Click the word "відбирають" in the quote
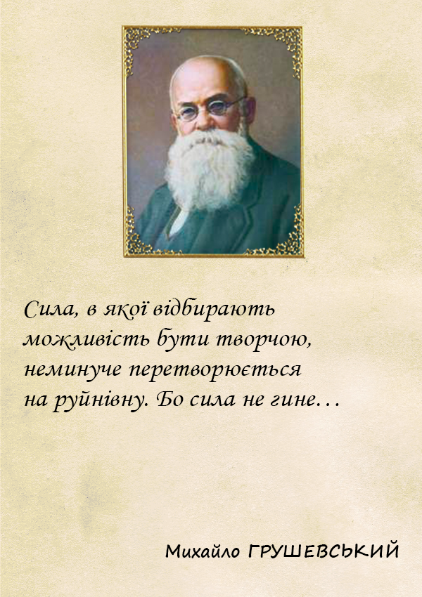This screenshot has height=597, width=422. tap(214, 310)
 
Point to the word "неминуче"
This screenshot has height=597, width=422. tap(72, 370)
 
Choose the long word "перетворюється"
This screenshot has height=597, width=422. tap(215, 370)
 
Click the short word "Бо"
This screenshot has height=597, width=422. tap(170, 399)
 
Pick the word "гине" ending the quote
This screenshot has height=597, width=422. tap(293, 400)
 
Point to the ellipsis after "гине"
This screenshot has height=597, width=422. tap(328, 405)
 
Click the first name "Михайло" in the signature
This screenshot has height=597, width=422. tap(203, 551)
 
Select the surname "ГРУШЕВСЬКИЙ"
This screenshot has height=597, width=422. tap(324, 551)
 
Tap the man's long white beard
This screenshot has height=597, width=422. tap(209, 168)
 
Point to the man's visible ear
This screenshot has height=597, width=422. tap(250, 110)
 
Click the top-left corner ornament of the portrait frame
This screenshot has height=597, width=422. tap(135, 43)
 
